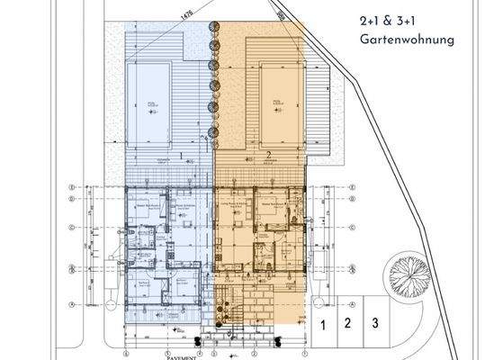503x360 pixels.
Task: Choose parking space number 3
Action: (x=376, y=322)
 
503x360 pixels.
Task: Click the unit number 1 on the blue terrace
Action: (x=181, y=155)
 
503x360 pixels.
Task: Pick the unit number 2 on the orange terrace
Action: (x=268, y=155)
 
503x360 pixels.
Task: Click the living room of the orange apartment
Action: (x=236, y=211)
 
